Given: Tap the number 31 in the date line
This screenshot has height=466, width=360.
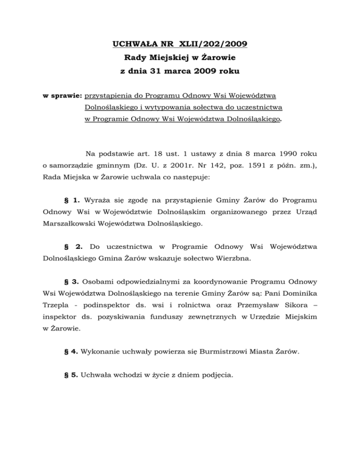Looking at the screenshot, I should [x=161, y=72].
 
